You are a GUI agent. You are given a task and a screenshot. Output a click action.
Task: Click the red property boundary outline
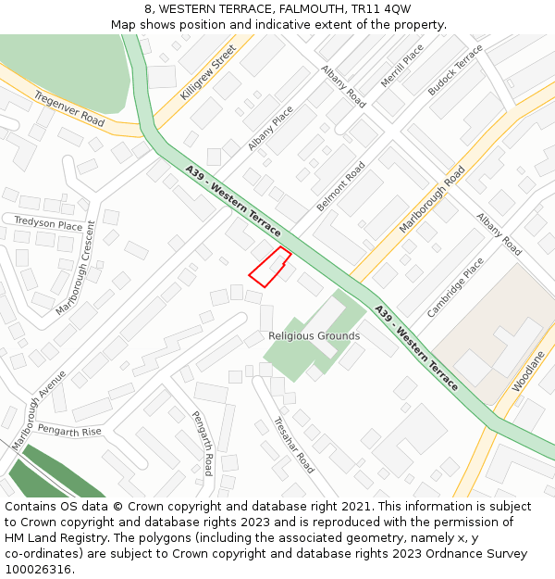point(270,267)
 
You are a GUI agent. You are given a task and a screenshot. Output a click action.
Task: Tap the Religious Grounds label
point(314,335)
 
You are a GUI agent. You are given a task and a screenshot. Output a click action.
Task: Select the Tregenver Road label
point(69,108)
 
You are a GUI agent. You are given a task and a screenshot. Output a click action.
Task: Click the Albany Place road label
point(270,128)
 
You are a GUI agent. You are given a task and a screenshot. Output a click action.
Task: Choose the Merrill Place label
point(401,66)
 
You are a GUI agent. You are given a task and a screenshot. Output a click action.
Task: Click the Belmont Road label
point(341,185)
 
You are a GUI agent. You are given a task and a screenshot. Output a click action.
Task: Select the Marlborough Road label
point(432,199)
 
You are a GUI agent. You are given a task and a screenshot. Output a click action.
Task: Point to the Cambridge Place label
point(455,287)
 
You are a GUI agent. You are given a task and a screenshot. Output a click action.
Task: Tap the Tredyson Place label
point(48,223)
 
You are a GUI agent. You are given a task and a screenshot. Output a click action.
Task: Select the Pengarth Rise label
point(69,431)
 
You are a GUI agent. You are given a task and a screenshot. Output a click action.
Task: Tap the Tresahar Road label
point(293,445)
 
